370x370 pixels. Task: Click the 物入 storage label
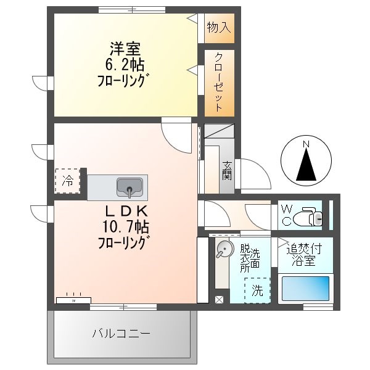pyautogui.click(x=219, y=27)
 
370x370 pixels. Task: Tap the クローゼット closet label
pyautogui.click(x=219, y=82)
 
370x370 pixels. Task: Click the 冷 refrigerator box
pyautogui.click(x=67, y=181)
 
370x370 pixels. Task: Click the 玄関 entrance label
pyautogui.click(x=227, y=170)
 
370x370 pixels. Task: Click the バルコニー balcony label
pyautogui.click(x=121, y=334)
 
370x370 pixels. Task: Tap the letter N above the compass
pyautogui.click(x=305, y=144)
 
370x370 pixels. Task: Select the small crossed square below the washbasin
pyautogui.click(x=219, y=300)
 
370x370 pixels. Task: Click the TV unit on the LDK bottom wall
pyautogui.click(x=73, y=300)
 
